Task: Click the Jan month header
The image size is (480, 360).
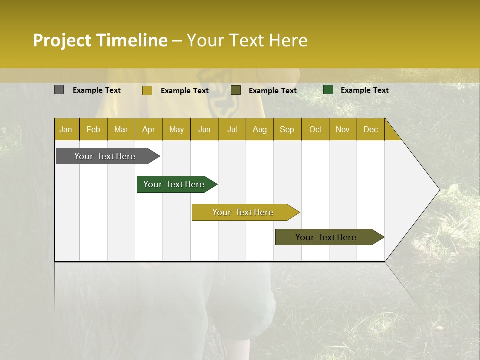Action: pos(66,129)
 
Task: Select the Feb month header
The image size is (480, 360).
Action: pos(93,129)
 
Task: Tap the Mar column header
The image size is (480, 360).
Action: pos(121,129)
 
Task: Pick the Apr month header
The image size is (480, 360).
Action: pos(149,129)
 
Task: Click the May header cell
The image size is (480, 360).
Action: pos(176,129)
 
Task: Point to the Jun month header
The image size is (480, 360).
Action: pos(204,129)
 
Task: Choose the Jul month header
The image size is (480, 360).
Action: pos(232,129)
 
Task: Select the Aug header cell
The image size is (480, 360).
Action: pos(260,129)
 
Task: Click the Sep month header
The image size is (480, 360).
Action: pos(287,129)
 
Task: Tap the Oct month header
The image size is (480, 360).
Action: pos(315,129)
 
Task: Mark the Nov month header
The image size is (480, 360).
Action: pos(343,129)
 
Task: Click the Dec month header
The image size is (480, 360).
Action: pos(371,129)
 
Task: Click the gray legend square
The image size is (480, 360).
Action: pos(59,90)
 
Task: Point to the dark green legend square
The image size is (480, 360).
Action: pos(328,90)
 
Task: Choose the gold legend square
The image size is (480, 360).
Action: pos(147,90)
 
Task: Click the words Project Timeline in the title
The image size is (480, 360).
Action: pos(100,40)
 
